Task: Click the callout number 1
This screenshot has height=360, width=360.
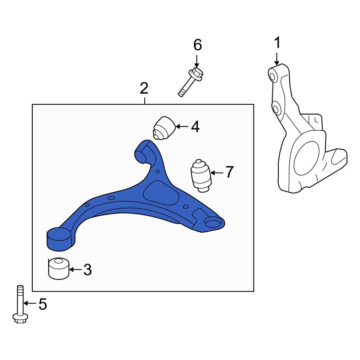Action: [277, 44]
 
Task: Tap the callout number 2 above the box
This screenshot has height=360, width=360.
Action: [144, 88]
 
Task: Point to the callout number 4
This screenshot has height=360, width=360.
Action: [195, 127]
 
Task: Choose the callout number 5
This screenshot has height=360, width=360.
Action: [42, 305]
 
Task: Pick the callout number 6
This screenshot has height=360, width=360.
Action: [198, 45]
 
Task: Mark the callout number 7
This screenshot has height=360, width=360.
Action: [229, 172]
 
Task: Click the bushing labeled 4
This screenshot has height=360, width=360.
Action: [164, 127]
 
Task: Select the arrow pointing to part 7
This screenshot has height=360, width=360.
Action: [217, 173]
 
